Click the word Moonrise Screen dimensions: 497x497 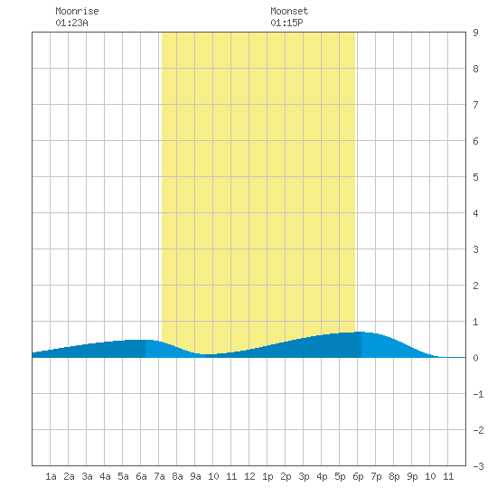[x=77, y=11]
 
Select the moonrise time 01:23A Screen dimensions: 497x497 [x=71, y=23]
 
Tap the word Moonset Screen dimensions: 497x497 [x=289, y=11]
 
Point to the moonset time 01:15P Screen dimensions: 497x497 [x=286, y=23]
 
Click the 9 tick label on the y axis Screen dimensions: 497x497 [x=475, y=33]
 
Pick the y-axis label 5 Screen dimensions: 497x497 [x=475, y=177]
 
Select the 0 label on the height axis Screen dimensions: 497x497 [x=475, y=358]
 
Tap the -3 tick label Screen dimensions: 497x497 [x=478, y=466]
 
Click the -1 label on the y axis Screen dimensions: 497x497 [x=478, y=394]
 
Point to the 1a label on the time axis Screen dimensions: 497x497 [x=51, y=476]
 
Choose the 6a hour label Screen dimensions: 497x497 [x=141, y=476]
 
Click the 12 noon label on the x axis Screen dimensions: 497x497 [x=249, y=476]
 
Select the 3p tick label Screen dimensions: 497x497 [x=304, y=476]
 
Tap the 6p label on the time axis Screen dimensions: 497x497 [x=358, y=476]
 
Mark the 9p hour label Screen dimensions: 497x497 [x=412, y=476]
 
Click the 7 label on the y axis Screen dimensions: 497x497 [x=475, y=105]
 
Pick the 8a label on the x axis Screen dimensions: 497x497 [x=177, y=476]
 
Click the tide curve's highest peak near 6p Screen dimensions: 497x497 [x=360, y=332]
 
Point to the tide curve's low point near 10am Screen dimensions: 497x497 [x=208, y=354]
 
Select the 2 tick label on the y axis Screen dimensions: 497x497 [x=475, y=286]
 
